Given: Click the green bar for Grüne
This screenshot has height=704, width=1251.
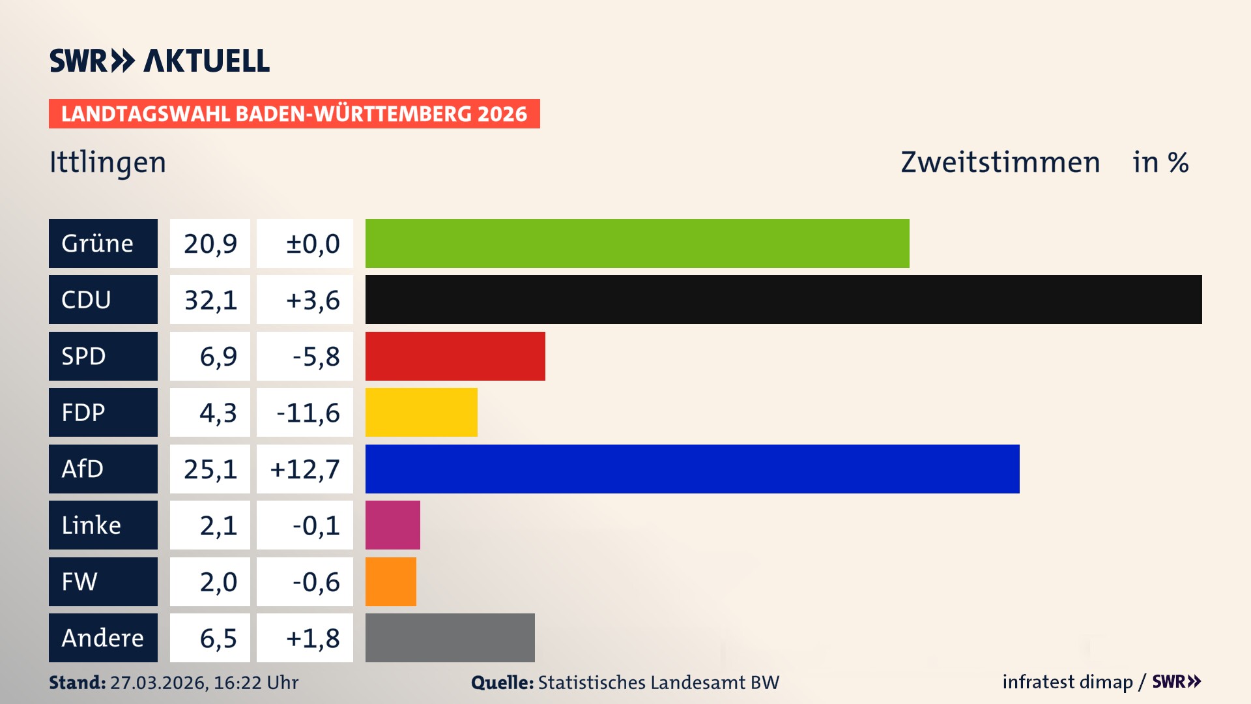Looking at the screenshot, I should click(x=637, y=243).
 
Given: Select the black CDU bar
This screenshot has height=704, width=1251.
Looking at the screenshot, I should click(x=783, y=300).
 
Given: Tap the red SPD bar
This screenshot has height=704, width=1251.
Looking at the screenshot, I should click(x=455, y=356).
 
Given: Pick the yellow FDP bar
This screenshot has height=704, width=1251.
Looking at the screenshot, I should click(x=421, y=413).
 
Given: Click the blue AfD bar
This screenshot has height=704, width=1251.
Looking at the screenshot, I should click(x=692, y=469).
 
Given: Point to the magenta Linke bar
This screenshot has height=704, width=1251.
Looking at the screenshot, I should click(x=392, y=525).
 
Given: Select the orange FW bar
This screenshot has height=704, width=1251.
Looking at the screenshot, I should click(x=390, y=581).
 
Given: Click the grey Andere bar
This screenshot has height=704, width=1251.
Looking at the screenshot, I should click(x=450, y=638).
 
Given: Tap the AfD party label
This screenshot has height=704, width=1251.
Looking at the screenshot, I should click(x=103, y=469).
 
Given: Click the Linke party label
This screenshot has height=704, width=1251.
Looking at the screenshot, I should click(x=103, y=525).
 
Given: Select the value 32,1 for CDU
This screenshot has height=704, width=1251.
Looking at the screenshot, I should click(x=210, y=300).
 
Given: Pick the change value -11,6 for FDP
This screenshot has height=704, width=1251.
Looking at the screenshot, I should click(x=305, y=413).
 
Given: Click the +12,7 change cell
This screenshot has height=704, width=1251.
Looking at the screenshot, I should click(x=305, y=469).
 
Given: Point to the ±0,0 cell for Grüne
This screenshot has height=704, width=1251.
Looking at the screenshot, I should click(x=305, y=243).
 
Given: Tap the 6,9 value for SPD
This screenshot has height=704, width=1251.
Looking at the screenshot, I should click(x=210, y=356).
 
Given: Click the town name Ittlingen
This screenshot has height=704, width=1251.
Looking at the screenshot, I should click(x=108, y=162).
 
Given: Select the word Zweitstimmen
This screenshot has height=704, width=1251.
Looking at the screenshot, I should click(x=1000, y=162).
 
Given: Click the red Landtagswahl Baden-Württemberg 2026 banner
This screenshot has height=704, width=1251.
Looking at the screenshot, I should click(x=294, y=114).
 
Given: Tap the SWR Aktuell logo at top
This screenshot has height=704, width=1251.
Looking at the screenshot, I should click(x=159, y=61).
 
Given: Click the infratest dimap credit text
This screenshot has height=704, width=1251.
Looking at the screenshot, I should click(x=1067, y=682).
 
